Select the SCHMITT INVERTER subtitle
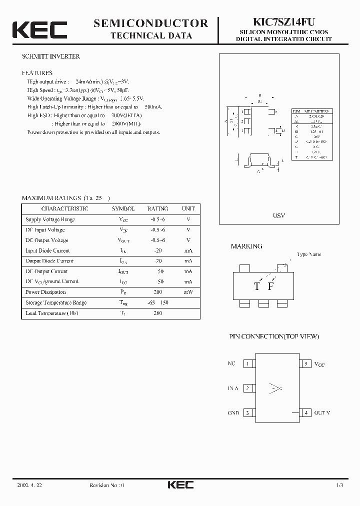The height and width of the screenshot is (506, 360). pos(51,56)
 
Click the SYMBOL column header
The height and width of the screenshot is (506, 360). pos(123,208)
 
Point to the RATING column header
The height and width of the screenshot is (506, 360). pos(157,208)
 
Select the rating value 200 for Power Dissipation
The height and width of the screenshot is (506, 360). pos(158,292)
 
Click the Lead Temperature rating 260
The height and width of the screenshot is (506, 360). pos(157,313)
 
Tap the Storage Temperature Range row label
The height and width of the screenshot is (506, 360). pos(55,302)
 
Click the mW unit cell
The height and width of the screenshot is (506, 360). pos(188,292)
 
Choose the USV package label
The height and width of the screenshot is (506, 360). pos(279,215)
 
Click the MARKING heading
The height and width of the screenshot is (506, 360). pos(246,246)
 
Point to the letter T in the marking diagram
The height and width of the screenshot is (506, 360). pos(257,286)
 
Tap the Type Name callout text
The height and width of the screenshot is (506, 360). pos(308,254)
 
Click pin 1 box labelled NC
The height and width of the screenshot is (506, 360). pos(248,363)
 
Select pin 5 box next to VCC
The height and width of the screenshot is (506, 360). pos(305,363)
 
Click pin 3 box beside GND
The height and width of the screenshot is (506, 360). pos(248,412)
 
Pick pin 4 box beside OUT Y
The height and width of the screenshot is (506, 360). pos(305,412)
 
